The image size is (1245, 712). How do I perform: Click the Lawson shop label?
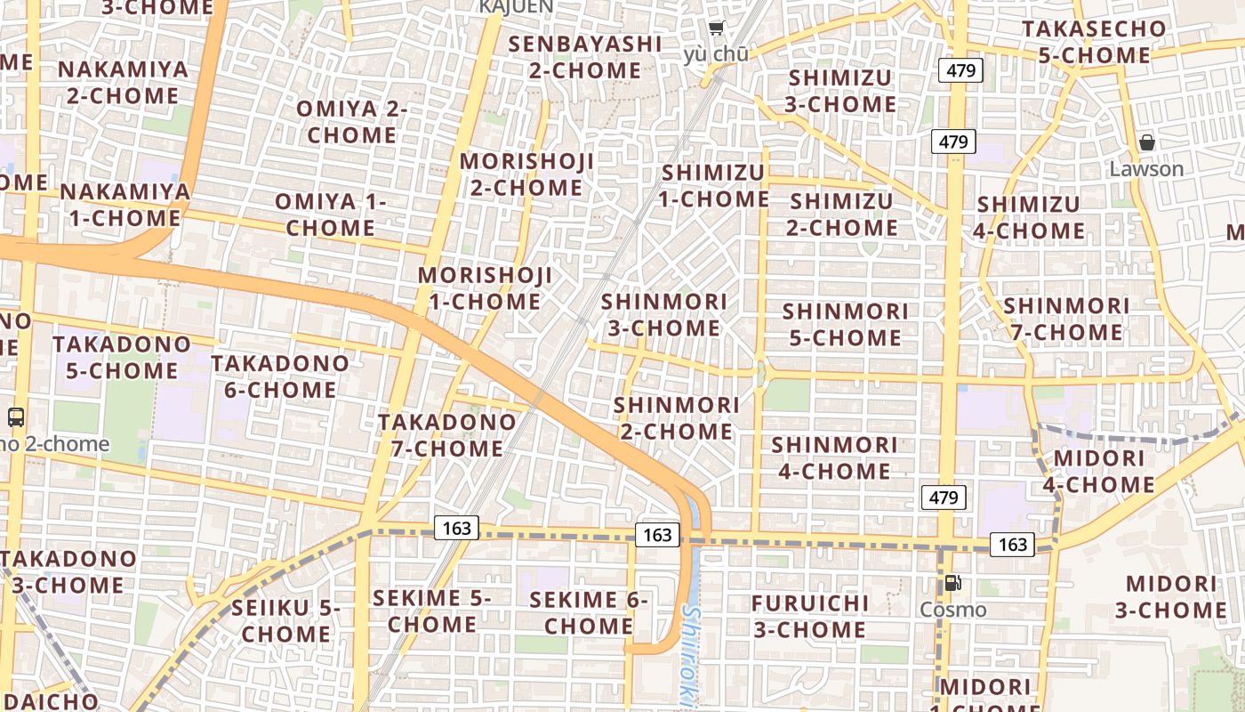(1146, 169)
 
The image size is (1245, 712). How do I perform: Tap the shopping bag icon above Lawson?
(1147, 142)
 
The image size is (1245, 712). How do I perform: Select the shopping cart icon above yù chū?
(717, 28)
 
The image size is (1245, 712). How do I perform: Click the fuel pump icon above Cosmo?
(952, 584)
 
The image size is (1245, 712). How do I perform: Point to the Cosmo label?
(952, 610)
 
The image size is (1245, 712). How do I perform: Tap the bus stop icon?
(16, 417)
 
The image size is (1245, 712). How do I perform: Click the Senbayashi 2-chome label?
(585, 57)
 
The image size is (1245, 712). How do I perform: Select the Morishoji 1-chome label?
(485, 288)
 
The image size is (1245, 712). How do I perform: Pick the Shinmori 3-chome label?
(663, 315)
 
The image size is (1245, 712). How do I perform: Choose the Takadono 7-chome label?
(447, 434)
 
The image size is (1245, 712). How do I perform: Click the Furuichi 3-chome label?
(809, 616)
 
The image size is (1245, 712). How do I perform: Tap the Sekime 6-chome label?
(588, 612)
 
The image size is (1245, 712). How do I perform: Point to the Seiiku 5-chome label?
(285, 621)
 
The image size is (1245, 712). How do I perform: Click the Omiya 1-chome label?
(330, 214)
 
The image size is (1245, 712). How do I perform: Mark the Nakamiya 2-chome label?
(124, 82)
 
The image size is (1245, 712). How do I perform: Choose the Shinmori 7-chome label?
(1066, 319)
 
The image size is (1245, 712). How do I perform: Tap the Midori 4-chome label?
(1099, 472)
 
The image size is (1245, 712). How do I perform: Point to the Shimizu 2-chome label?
(841, 214)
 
